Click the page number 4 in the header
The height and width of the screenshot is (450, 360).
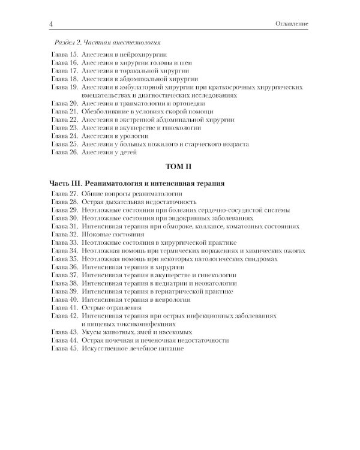coord(53,23)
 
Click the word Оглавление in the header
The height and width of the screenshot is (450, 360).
coord(290,23)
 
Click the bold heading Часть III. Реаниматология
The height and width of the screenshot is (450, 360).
coord(137,184)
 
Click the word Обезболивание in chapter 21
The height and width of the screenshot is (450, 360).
coord(106,112)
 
